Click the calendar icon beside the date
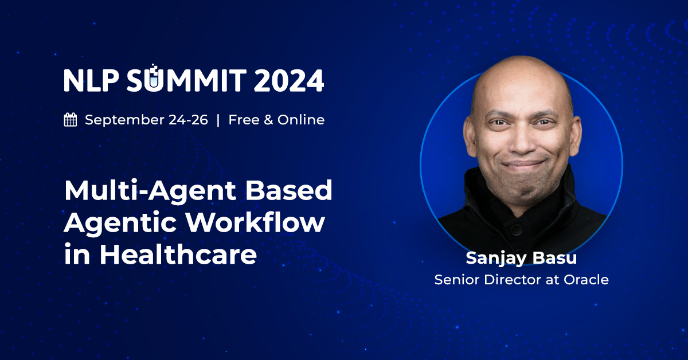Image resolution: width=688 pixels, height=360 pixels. tap(71, 120)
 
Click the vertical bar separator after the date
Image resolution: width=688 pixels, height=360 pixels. tap(218, 120)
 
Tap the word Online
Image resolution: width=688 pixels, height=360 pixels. tap(301, 120)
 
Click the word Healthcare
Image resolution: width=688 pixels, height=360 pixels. tap(178, 254)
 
